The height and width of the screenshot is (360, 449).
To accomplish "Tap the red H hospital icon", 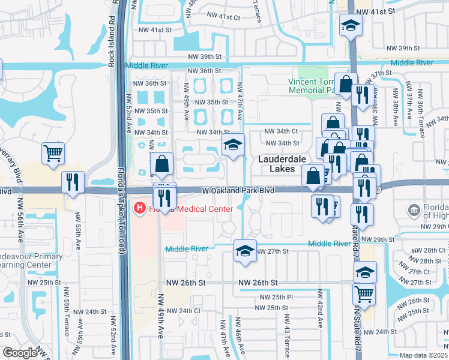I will point(140,208).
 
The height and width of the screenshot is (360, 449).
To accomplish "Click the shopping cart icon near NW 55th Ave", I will point(53,153).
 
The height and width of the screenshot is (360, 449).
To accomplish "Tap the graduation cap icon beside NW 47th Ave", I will point(234,145).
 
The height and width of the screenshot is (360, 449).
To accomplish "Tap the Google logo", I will point(19,353).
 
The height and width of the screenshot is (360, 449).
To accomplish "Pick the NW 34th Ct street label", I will point(282,131).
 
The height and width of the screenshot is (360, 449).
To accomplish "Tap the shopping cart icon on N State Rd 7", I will point(364,294).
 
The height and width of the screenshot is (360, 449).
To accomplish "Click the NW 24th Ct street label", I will point(183,311).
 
